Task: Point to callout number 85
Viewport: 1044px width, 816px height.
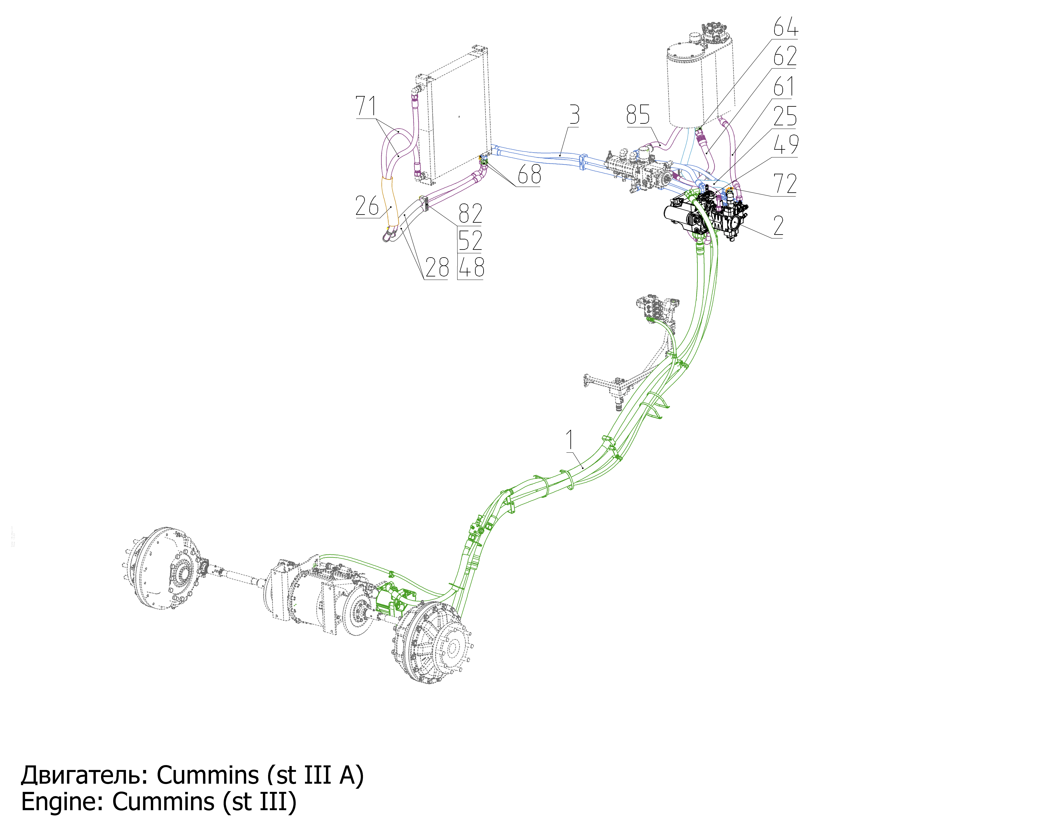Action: (638, 115)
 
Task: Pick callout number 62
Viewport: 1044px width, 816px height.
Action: (785, 56)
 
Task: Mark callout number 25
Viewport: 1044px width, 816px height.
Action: (785, 116)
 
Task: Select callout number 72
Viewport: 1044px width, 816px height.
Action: (785, 184)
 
